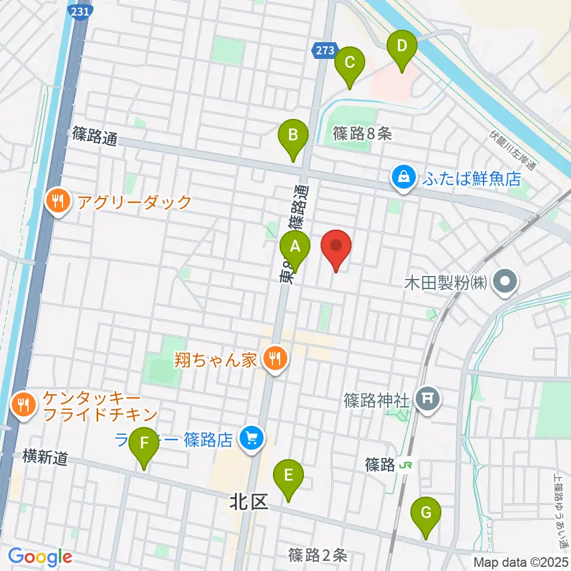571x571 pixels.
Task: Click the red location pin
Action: (x=336, y=247)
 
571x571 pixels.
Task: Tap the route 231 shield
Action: (x=80, y=12)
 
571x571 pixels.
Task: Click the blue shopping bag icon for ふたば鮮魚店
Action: (x=404, y=177)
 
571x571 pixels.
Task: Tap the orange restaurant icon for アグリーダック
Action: (x=58, y=202)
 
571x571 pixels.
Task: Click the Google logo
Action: (x=40, y=557)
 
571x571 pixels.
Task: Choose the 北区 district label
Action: (x=249, y=503)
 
